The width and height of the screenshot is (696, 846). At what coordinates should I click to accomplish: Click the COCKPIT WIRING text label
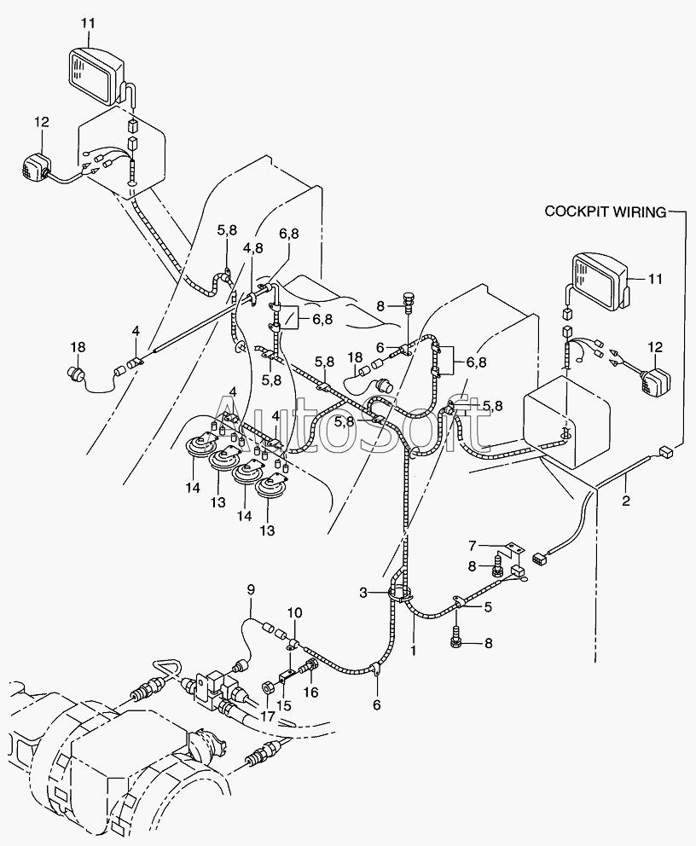606,211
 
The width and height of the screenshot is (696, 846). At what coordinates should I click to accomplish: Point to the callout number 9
251,590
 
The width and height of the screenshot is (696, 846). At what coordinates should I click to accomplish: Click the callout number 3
363,593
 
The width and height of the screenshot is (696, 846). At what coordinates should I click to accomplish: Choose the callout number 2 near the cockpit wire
626,501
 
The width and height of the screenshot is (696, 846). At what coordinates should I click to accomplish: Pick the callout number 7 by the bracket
472,546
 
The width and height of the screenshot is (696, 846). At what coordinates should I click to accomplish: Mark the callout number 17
268,716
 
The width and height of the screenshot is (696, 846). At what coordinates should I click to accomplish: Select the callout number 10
294,613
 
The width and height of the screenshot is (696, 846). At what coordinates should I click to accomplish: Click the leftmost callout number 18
78,347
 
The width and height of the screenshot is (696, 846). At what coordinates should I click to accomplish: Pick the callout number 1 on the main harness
414,651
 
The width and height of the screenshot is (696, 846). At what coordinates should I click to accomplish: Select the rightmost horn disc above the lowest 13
271,489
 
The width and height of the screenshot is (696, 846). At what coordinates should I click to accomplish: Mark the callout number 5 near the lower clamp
488,607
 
